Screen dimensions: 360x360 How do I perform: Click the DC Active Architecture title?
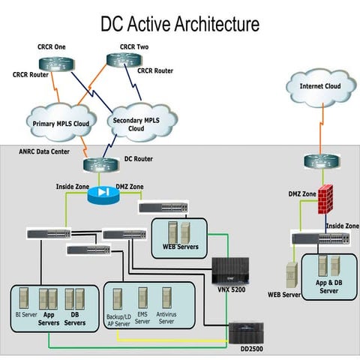[180, 24]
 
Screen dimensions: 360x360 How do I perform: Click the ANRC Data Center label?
[44, 151]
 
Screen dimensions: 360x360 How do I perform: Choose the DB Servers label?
[74, 319]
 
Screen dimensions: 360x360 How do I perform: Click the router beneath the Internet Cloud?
[316, 160]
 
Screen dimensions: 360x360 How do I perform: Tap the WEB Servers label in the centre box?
[179, 246]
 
